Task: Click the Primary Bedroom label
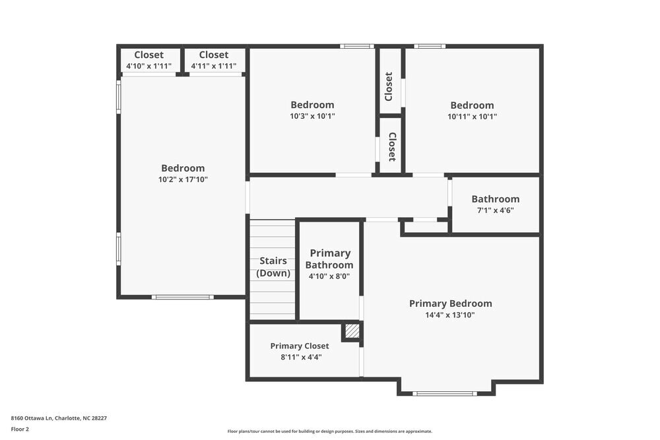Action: coord(450,303)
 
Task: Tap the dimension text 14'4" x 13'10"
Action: coord(450,315)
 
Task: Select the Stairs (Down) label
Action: coord(273,267)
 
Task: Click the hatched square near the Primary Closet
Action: coord(352,331)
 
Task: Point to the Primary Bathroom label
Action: coord(329,259)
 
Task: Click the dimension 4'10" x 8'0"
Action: coord(329,276)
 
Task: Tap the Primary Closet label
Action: coord(299,346)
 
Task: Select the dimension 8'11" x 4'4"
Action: coord(301,357)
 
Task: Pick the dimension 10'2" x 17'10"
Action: coord(183,179)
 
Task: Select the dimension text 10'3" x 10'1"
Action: coord(312,116)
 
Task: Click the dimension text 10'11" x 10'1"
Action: coord(472,116)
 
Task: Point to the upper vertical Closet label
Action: coord(389,86)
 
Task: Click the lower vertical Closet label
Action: coord(391,146)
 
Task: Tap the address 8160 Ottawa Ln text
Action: coord(59,418)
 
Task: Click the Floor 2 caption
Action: coord(20,429)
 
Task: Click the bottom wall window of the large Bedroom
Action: coord(182,297)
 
